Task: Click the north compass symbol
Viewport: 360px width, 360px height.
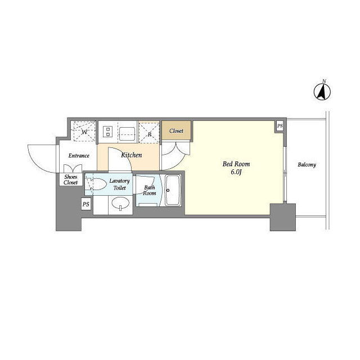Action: point(322,92)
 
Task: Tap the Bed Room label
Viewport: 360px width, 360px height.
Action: point(236,164)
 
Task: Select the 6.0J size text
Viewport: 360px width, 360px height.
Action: point(236,172)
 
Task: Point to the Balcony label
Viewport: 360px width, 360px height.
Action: point(307,165)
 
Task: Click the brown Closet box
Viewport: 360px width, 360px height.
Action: point(176,130)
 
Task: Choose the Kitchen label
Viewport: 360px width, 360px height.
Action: point(131,155)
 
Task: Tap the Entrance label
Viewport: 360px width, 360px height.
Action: point(79,156)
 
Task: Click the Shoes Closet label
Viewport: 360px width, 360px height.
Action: point(71,180)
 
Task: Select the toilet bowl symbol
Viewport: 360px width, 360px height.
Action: point(96,184)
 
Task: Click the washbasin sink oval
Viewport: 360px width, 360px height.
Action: point(120,203)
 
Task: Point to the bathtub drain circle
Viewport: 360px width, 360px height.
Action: point(168,190)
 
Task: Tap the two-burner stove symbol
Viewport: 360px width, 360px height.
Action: point(107,132)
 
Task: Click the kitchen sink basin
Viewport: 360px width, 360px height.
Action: point(127,134)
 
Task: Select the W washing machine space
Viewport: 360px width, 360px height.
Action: point(84,131)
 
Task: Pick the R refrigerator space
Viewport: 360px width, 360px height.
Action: point(149,133)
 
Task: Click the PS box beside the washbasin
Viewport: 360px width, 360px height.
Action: point(86,204)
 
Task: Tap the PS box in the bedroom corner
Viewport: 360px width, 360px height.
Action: point(280,126)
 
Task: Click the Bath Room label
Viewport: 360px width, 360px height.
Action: point(150,190)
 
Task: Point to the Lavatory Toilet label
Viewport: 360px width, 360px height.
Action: point(119,184)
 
